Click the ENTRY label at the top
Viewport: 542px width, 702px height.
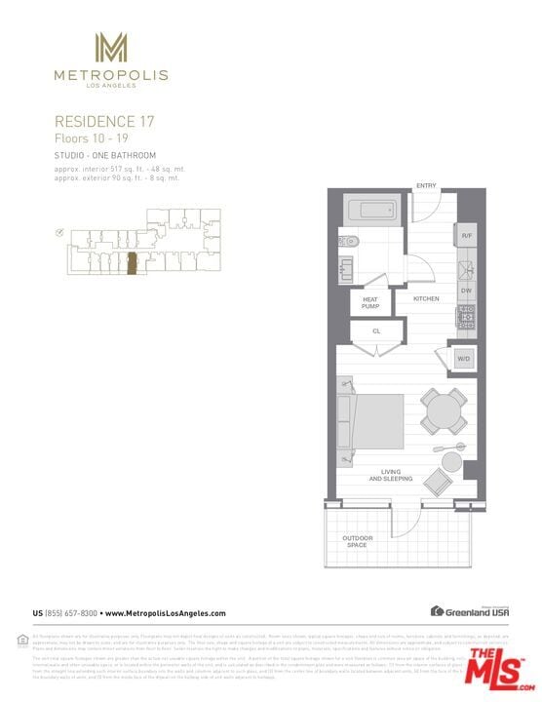tap(426, 185)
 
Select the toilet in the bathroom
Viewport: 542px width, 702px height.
tap(350, 241)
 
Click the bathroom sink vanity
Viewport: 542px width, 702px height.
tap(348, 269)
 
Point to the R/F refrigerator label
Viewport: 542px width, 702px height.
tap(467, 236)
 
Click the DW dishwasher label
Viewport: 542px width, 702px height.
tap(467, 290)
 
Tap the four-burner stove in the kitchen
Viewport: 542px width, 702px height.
tap(467, 316)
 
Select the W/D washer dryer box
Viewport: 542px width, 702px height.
tap(462, 359)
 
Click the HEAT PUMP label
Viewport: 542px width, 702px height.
tap(370, 302)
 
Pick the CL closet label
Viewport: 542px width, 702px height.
tap(376, 331)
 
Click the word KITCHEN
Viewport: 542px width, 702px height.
tap(426, 298)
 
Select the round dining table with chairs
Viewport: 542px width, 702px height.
tap(444, 409)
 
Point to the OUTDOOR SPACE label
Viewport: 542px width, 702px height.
tap(357, 541)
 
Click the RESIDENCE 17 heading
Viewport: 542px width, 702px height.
tap(103, 122)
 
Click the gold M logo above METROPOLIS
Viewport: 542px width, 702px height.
tap(110, 48)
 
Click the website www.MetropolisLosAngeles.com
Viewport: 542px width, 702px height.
tap(165, 613)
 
